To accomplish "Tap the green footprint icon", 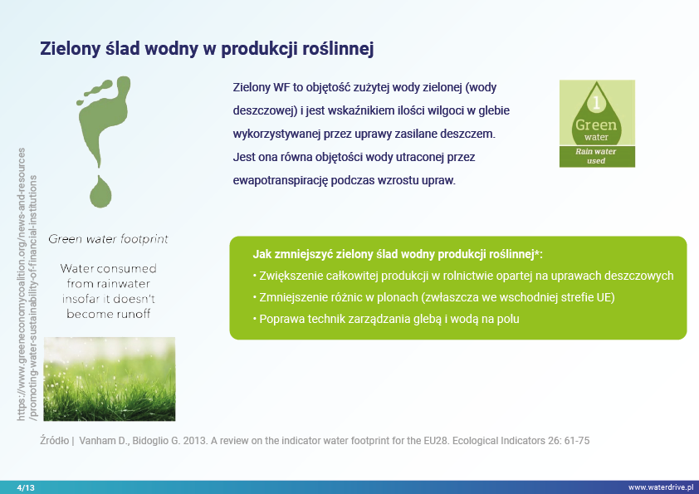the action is point(104,121).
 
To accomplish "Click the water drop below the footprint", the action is point(100,192).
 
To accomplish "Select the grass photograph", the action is point(110,379).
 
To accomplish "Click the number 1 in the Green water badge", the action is point(596,103).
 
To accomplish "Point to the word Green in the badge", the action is point(596,125).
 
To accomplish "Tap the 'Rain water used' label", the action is point(596,156).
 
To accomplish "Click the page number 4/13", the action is point(26,487).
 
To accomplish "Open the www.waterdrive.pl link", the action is point(661,487).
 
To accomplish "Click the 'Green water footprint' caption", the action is point(108,239).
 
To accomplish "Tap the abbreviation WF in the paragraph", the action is point(281,87).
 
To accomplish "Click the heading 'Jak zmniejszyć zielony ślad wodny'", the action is point(398,254).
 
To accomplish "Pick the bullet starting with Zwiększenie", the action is point(463,276).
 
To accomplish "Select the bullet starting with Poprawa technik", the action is point(386,319).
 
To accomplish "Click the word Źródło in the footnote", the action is point(55,441).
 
